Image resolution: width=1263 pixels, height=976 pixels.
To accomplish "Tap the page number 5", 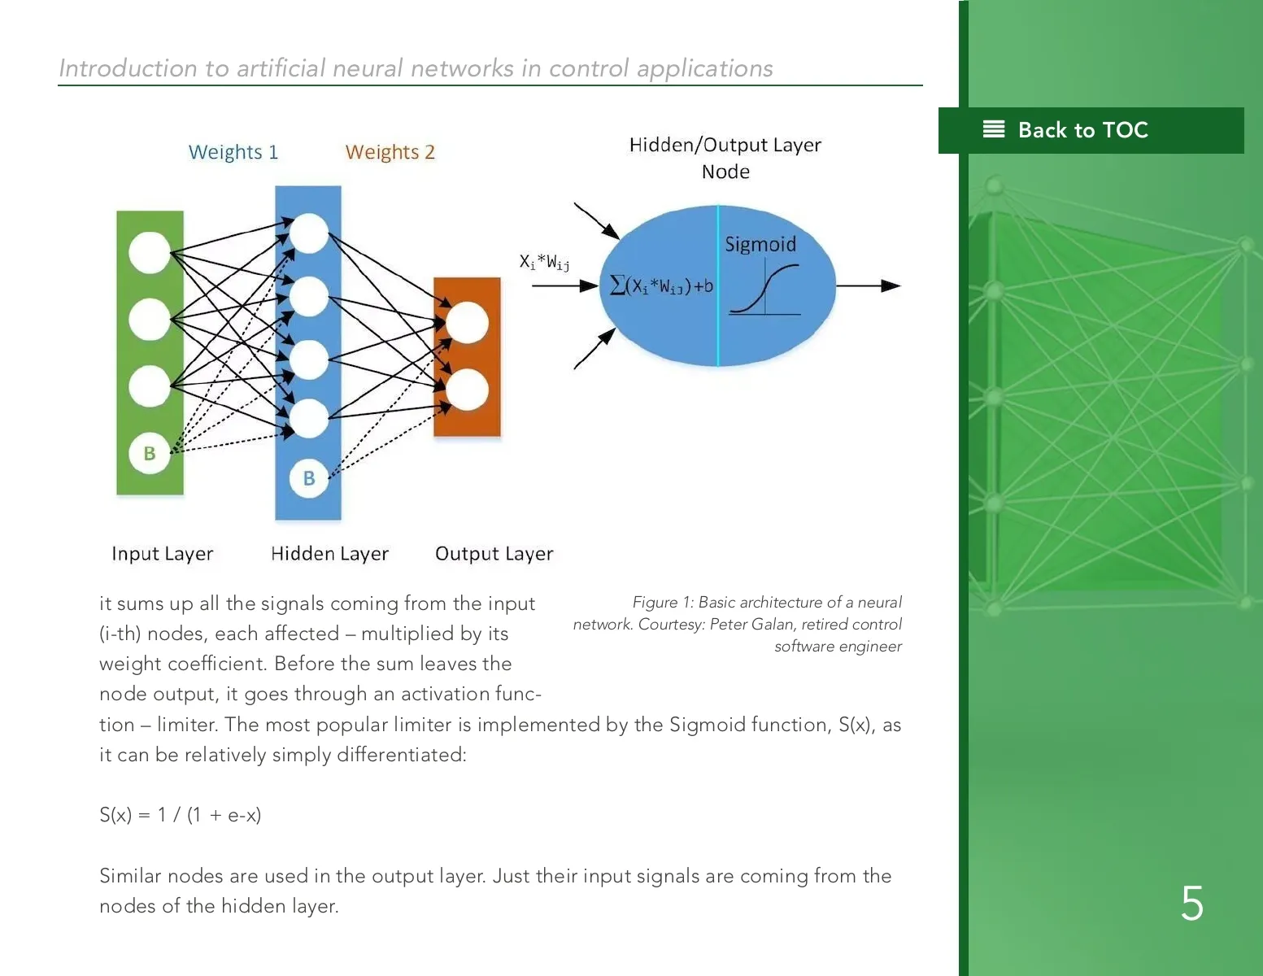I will (x=1192, y=904).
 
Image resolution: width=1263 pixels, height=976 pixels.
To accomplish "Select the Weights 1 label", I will (x=233, y=152).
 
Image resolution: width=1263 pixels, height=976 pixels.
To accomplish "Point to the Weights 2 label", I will (x=390, y=152).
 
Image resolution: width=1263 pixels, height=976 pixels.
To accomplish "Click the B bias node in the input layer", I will (x=150, y=454).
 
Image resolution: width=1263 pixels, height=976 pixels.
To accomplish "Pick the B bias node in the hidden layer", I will (x=309, y=478).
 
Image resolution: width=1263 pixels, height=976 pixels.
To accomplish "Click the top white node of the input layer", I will (x=150, y=252).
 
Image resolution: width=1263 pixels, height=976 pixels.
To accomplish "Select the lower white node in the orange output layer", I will (x=467, y=390).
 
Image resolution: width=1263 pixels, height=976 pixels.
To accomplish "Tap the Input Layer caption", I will (x=163, y=554).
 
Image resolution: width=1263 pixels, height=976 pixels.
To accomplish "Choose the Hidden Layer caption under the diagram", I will (x=329, y=554).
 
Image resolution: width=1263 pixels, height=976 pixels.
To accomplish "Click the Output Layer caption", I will (x=494, y=554).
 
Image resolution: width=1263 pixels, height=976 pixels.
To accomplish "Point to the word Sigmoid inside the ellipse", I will (x=760, y=244).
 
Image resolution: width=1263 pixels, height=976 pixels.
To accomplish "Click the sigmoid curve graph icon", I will (x=764, y=290).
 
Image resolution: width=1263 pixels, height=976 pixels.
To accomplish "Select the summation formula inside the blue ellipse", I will (x=661, y=286).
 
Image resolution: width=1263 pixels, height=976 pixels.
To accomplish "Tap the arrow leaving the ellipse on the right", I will (x=869, y=285).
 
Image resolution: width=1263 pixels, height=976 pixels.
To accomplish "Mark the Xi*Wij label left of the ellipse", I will (x=544, y=262).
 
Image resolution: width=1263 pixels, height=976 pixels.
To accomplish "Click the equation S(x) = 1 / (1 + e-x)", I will (x=181, y=815).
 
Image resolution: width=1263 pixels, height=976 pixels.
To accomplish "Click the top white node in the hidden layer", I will (x=309, y=233).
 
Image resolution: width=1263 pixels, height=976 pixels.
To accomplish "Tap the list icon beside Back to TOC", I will (x=994, y=129).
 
